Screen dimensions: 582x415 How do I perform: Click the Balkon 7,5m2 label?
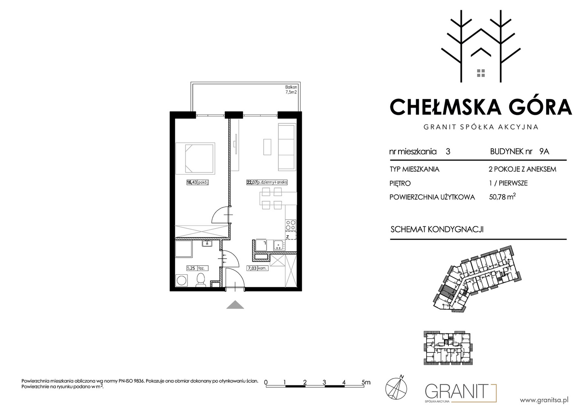click(291, 90)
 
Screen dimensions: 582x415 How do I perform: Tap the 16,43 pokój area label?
click(198, 183)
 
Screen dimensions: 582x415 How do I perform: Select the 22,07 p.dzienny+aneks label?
click(267, 183)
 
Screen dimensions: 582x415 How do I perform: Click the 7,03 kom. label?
click(257, 268)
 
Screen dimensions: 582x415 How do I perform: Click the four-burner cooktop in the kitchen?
click(291, 225)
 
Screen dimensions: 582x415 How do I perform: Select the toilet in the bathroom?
click(201, 280)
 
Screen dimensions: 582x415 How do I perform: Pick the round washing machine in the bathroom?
click(181, 281)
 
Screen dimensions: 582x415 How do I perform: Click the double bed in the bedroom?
click(196, 158)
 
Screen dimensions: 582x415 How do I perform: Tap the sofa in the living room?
click(287, 147)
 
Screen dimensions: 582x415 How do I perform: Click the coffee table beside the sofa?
click(267, 147)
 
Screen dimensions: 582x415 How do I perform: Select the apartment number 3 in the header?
click(448, 152)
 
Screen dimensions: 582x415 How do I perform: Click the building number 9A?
click(544, 151)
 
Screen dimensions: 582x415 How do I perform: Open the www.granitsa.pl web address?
click(544, 400)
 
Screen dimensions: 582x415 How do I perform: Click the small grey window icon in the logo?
click(481, 73)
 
